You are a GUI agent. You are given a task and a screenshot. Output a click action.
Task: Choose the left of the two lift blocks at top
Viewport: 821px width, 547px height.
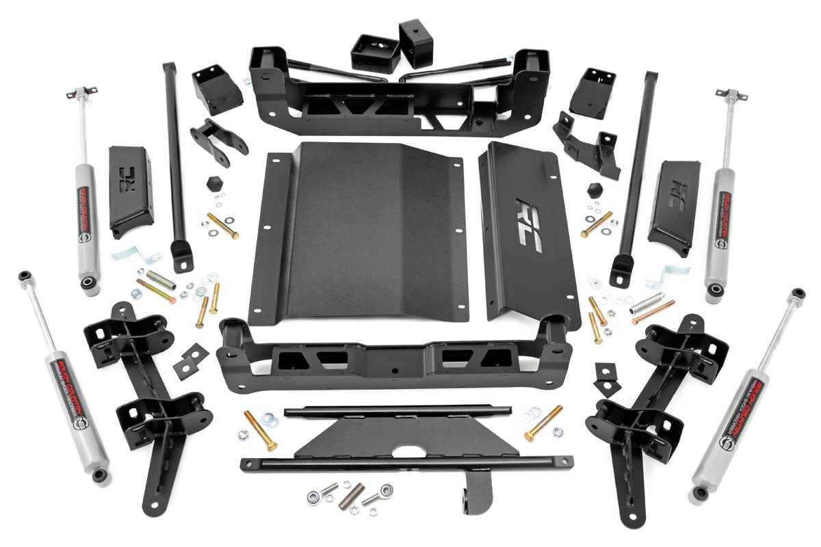[x=374, y=52]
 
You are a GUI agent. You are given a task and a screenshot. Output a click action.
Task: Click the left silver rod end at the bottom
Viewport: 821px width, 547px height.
[x=320, y=494]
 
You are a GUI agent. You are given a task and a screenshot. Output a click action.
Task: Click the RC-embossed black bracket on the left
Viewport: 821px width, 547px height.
[x=130, y=191]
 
